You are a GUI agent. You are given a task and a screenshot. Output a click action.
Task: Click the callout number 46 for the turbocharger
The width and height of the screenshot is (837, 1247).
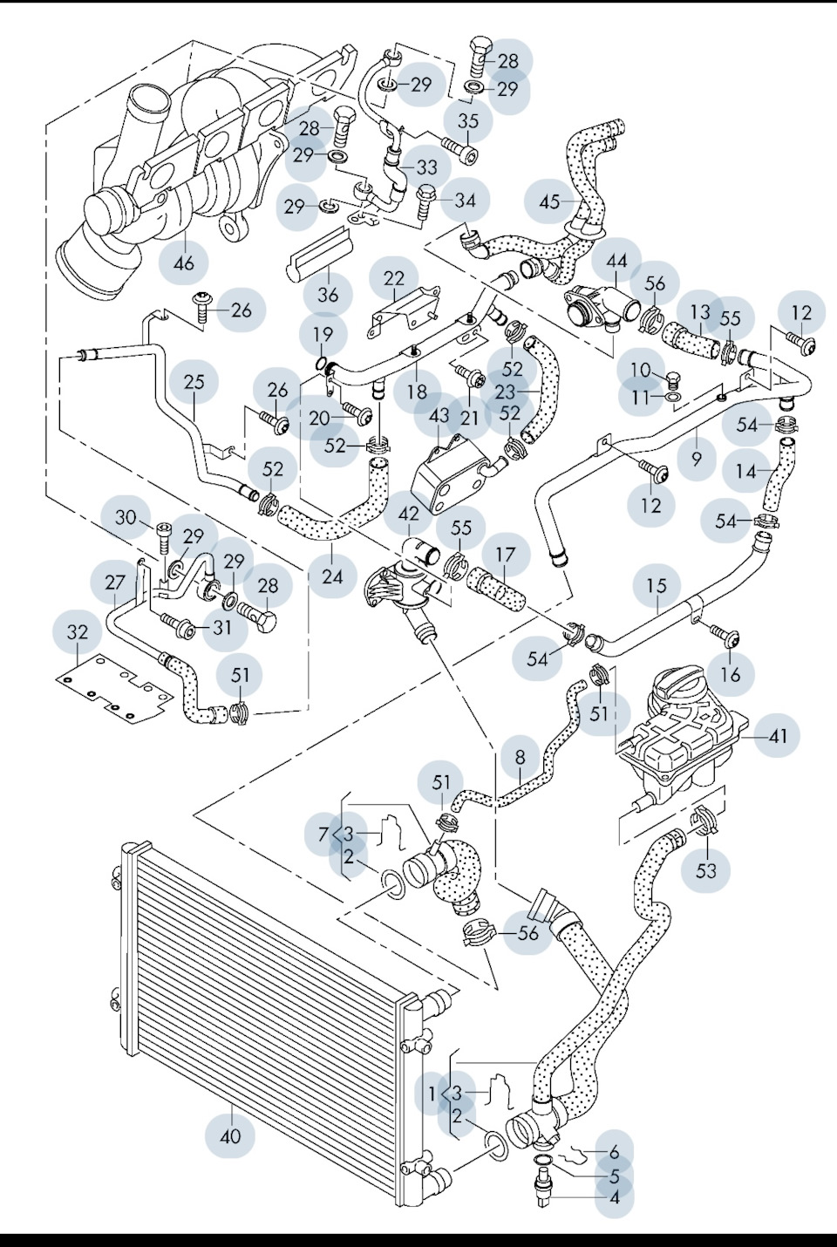click(x=184, y=261)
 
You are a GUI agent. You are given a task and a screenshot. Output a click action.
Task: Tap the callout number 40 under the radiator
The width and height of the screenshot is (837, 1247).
click(x=230, y=1136)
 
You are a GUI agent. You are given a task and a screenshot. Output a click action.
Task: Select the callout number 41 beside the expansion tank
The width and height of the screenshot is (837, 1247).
click(x=778, y=736)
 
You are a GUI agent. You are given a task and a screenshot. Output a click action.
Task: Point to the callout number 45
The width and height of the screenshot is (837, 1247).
click(x=549, y=202)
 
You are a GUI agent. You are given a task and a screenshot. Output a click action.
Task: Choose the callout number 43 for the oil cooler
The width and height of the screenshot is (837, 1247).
click(x=439, y=417)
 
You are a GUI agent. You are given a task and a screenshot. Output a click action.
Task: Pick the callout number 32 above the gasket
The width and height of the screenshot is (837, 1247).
click(x=78, y=631)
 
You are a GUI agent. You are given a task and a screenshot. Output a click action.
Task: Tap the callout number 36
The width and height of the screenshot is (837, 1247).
click(x=328, y=295)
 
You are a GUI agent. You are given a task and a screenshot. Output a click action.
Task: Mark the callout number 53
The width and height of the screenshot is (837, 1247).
click(x=705, y=869)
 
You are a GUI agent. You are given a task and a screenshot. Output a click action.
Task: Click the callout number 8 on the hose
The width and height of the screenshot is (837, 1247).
click(x=521, y=757)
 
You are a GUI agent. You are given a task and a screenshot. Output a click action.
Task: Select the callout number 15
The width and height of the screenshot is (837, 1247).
click(x=657, y=586)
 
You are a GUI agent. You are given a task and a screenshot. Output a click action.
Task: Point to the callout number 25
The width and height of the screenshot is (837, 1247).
click(x=194, y=381)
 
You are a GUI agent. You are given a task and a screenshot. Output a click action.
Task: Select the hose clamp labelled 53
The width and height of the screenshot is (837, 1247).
click(x=704, y=821)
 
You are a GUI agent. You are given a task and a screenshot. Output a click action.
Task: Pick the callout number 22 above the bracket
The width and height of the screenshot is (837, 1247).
click(x=394, y=279)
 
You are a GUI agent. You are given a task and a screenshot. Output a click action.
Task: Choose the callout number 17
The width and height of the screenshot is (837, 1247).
click(x=506, y=555)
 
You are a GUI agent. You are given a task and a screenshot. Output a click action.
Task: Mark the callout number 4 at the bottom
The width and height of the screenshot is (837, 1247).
click(x=615, y=1197)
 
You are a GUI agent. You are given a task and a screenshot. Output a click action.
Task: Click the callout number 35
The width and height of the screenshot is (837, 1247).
click(x=468, y=121)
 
